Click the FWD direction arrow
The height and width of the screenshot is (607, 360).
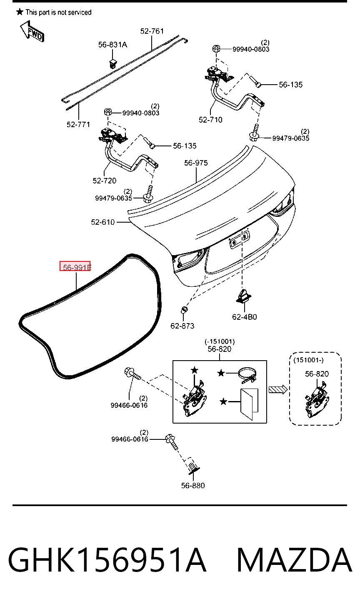tap(32, 32)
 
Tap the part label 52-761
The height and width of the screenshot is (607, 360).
tap(152, 31)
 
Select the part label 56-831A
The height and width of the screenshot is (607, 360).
tap(112, 45)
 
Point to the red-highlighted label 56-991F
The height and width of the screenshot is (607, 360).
tap(75, 266)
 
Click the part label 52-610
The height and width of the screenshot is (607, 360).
tap(102, 222)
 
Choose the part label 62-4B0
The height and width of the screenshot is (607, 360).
tap(244, 317)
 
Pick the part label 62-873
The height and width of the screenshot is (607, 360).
tap(182, 326)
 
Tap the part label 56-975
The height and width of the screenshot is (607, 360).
tap(196, 163)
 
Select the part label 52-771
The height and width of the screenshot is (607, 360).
tap(78, 124)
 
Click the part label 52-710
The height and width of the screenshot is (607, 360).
tap(210, 120)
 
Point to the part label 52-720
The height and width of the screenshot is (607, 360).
tap(104, 181)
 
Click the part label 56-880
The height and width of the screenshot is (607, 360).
tap(193, 485)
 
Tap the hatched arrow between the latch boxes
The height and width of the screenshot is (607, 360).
tap(277, 390)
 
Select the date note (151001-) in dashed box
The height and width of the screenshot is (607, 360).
tap(308, 360)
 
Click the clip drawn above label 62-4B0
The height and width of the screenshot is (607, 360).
tap(244, 296)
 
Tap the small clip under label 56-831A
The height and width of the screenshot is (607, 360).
tap(112, 63)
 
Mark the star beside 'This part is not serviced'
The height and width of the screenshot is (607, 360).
tap(20, 12)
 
